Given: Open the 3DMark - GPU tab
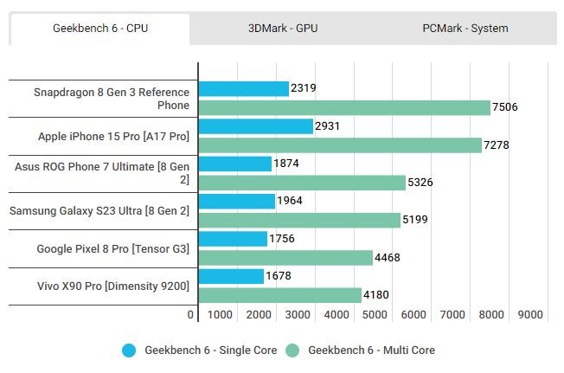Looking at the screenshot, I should tap(282, 29).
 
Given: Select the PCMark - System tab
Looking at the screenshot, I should tap(465, 29).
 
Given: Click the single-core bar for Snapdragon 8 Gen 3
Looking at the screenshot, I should tap(244, 88).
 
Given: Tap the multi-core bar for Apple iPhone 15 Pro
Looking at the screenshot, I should tap(340, 145).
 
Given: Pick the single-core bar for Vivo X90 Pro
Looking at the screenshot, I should tap(231, 276).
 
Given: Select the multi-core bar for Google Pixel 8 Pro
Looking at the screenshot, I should tap(285, 257).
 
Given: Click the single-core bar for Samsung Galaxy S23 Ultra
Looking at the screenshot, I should tap(237, 201).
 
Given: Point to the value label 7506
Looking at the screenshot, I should tap(503, 107).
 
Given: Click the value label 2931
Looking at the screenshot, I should tap(328, 126).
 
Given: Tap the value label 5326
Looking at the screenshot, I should tap(420, 183).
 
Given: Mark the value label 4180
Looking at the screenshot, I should tap(376, 295).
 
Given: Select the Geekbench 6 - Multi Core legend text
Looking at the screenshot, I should tap(371, 350).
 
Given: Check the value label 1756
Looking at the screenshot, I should tap(282, 239).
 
